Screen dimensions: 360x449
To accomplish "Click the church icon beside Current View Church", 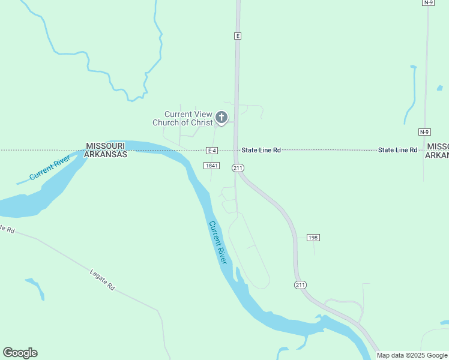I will pos(221,118).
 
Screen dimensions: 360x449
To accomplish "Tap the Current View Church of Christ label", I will pos(182,119).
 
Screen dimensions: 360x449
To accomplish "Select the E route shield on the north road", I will pos(238,36).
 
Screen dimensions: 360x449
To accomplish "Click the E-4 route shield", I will pos(211,150).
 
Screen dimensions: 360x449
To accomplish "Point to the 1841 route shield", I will pos(211,166).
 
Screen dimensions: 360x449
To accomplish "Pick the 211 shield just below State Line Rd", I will pos(238,167).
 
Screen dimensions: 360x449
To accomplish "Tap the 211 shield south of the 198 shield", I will pos(300,284).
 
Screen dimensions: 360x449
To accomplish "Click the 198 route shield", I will pos(313,238).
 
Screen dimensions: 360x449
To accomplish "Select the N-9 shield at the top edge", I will pos(428,2).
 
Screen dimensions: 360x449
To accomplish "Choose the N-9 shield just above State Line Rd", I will pos(424,131).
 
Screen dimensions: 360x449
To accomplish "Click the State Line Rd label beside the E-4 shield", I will pos(261,150).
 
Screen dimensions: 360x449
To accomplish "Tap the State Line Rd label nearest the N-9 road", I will pos(397,150).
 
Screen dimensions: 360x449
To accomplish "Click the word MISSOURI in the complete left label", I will pos(105,146).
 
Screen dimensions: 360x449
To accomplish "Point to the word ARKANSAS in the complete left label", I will pos(105,154).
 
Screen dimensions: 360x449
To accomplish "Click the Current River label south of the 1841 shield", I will pos(218,242).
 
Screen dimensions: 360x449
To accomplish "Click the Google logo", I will pos(20,353).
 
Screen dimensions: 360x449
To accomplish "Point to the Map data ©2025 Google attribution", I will pos(412,355).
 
